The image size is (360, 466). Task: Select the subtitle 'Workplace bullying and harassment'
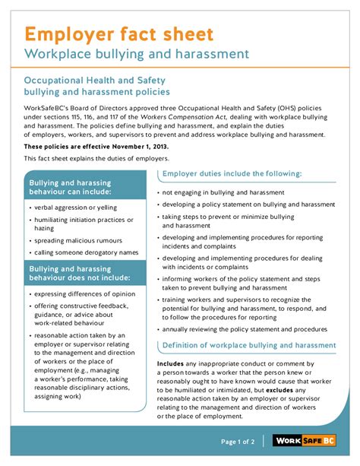(x=137, y=54)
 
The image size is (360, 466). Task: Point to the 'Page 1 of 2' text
(x=238, y=442)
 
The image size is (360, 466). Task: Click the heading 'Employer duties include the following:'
(x=232, y=174)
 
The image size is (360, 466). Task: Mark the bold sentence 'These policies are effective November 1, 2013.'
(x=96, y=146)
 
